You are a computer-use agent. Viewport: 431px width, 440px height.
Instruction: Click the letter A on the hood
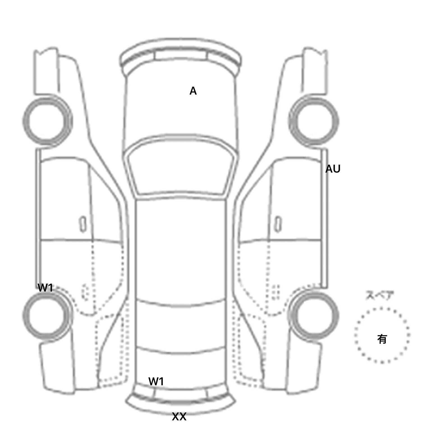(193, 91)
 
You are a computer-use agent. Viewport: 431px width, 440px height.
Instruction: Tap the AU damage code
(333, 169)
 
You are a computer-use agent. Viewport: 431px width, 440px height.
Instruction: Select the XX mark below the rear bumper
(179, 417)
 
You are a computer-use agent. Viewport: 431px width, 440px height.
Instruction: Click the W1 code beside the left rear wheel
(45, 288)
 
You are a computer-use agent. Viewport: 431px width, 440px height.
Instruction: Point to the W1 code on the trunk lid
(156, 381)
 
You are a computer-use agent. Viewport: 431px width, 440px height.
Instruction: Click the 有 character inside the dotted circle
(382, 339)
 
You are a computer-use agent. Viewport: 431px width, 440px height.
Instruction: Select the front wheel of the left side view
(47, 121)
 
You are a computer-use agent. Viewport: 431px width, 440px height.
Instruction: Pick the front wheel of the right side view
(314, 121)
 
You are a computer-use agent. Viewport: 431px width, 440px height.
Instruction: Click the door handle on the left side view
(83, 224)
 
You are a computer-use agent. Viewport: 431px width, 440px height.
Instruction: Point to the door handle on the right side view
(278, 224)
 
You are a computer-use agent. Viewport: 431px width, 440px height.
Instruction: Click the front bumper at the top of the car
(181, 56)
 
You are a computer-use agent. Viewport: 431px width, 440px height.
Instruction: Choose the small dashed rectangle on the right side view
(276, 292)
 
